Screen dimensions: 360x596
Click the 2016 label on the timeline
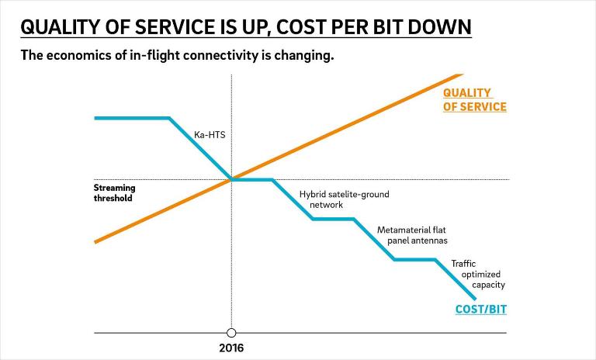click(x=231, y=348)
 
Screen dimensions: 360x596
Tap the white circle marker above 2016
click(x=231, y=333)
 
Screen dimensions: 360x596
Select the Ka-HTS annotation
click(x=210, y=135)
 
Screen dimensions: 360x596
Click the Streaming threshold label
click(x=114, y=192)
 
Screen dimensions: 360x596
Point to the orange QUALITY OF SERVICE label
click(x=474, y=100)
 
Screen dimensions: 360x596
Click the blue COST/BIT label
click(x=480, y=310)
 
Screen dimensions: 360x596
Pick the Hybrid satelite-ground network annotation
click(x=344, y=199)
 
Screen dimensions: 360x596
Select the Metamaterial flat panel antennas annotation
click(x=411, y=235)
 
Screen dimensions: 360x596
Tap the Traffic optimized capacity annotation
click(x=478, y=274)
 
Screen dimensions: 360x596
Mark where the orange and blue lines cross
click(x=231, y=179)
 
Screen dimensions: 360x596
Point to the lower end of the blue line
click(x=474, y=299)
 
